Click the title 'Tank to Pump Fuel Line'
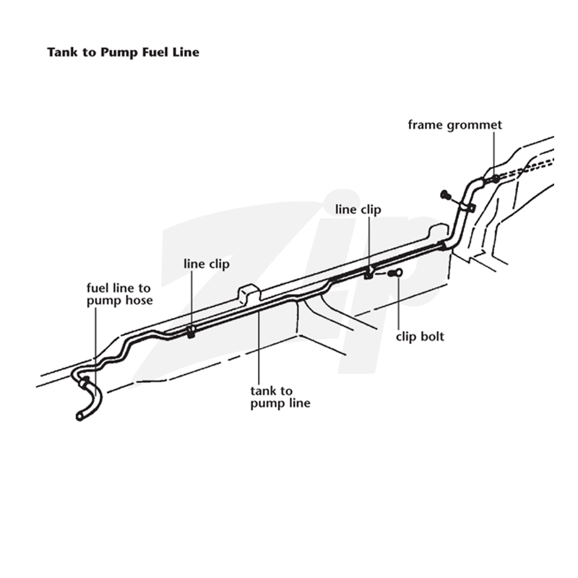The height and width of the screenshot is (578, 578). (123, 52)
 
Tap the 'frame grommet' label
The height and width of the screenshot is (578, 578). (455, 125)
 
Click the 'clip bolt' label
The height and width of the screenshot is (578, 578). (420, 337)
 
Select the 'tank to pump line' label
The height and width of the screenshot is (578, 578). (280, 397)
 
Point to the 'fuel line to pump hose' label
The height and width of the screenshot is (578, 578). (119, 294)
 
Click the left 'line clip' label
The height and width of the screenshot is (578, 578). (207, 264)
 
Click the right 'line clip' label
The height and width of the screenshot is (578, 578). (358, 210)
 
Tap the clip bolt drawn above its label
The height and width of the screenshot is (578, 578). (395, 273)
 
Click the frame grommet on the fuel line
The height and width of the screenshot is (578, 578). (496, 179)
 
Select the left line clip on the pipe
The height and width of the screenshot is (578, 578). (191, 332)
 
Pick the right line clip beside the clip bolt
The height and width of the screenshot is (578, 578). (369, 273)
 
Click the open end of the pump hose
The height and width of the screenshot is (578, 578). (79, 417)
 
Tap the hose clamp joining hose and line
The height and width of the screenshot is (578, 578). (85, 382)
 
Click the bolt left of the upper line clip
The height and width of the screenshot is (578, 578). (446, 194)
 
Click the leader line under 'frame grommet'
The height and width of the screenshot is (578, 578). (494, 153)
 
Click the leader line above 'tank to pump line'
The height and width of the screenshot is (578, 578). (259, 348)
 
